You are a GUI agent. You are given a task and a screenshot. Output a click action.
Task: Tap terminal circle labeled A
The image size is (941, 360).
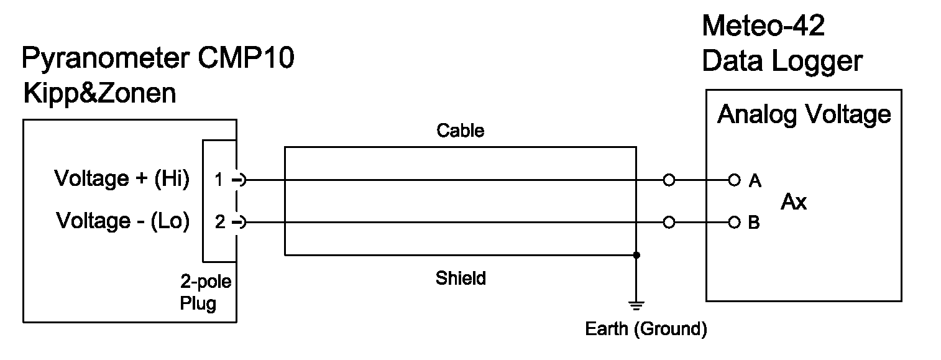735,180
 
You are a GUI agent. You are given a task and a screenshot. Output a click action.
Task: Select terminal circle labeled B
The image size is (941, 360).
735,222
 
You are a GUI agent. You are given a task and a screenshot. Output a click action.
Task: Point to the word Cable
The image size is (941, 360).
460,131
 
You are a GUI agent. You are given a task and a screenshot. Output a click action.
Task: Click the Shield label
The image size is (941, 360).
460,278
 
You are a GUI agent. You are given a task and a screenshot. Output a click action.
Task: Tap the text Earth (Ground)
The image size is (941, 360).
646,328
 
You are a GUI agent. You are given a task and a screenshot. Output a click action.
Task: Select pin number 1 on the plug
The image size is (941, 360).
218,180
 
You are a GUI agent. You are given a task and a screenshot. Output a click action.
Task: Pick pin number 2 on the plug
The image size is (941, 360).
220,222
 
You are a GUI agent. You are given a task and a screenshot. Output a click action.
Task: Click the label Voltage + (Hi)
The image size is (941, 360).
122,179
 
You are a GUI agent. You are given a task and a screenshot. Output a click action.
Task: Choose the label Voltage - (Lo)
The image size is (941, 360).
122,221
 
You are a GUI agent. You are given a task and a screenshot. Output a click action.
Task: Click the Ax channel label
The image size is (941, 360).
794,202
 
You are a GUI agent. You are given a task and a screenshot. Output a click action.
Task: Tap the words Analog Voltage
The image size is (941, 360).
804,114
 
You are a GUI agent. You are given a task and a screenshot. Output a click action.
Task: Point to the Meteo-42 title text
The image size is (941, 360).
763,27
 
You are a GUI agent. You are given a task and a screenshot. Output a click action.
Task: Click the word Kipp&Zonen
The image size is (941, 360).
99,94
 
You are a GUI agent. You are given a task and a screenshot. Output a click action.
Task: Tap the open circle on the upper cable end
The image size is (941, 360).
669,180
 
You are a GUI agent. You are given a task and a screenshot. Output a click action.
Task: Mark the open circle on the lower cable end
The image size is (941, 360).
669,222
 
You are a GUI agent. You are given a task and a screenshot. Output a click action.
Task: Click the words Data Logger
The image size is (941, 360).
782,62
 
